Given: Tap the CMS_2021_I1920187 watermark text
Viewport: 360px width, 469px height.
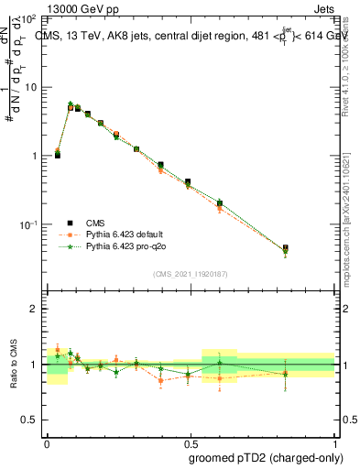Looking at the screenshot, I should (x=191, y=273).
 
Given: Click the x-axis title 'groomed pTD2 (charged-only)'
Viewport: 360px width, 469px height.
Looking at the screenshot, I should (x=260, y=457).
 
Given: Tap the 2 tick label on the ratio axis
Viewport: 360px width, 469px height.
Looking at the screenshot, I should (x=34, y=310).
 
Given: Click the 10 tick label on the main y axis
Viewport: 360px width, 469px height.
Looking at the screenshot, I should (x=29, y=87).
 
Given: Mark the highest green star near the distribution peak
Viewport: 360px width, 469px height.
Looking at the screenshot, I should (x=71, y=104).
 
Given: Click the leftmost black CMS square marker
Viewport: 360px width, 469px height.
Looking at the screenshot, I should (x=57, y=156).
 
